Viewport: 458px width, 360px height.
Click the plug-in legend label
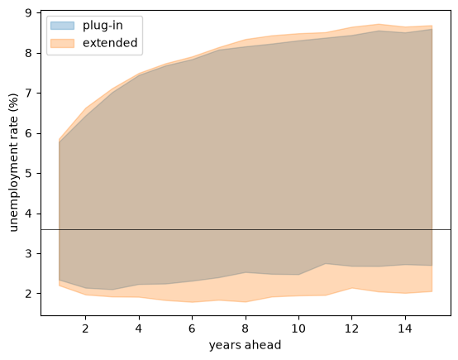click(x=103, y=26)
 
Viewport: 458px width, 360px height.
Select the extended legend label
click(x=110, y=43)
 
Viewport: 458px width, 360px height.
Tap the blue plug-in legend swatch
click(x=63, y=26)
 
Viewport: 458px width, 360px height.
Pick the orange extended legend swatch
click(x=63, y=43)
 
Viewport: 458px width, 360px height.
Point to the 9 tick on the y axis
click(x=29, y=13)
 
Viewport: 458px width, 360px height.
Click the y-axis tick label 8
click(x=29, y=53)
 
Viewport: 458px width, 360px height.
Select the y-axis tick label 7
click(x=29, y=94)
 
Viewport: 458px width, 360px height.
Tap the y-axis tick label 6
click(x=29, y=133)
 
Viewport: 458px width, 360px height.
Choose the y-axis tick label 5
click(x=29, y=174)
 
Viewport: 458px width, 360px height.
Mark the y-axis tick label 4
click(x=29, y=214)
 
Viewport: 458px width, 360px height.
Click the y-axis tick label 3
click(x=29, y=253)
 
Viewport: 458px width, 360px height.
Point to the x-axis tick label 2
click(x=85, y=329)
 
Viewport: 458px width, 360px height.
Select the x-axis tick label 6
click(x=192, y=329)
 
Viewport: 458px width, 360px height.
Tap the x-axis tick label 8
click(x=246, y=329)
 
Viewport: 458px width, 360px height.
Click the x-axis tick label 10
click(x=298, y=329)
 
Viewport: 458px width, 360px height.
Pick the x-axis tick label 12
click(x=351, y=329)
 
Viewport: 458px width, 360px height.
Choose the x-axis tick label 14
click(x=405, y=329)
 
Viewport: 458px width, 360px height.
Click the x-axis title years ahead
click(x=245, y=345)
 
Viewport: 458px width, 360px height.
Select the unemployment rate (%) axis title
click(x=14, y=162)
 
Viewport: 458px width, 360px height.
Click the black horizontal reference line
click(x=246, y=230)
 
